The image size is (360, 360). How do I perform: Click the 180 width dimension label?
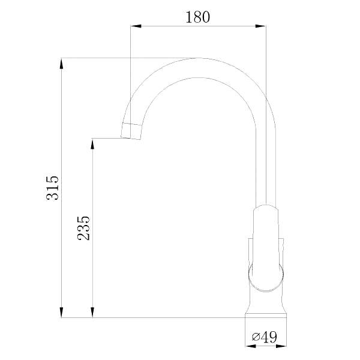click(x=197, y=17)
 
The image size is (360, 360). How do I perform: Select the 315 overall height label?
click(x=53, y=188)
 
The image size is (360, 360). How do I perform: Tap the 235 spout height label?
click(x=83, y=228)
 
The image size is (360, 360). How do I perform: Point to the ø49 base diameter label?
click(x=265, y=337)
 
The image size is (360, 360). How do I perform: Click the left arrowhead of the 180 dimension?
click(x=136, y=26)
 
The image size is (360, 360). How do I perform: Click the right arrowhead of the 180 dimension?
click(x=260, y=26)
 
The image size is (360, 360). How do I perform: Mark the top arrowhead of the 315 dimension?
click(x=61, y=64)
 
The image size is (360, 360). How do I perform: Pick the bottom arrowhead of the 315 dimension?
click(x=61, y=312)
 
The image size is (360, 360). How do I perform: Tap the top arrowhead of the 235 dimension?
click(x=92, y=144)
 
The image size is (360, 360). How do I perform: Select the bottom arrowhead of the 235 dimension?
click(x=92, y=312)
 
